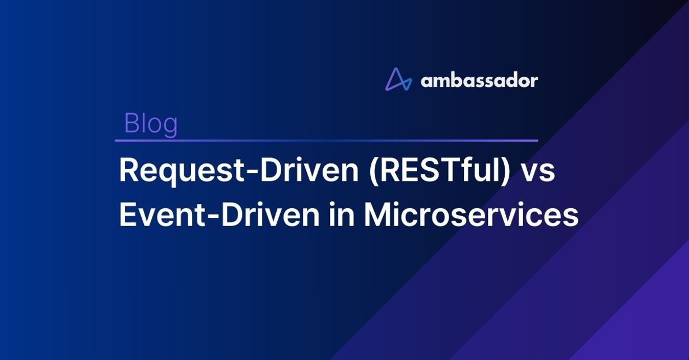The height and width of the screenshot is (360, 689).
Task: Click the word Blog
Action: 151,124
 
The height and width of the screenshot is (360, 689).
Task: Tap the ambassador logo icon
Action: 399,80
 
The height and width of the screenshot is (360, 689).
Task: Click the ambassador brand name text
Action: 479,81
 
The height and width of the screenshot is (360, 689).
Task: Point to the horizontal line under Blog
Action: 327,141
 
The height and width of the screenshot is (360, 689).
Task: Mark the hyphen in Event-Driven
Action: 211,217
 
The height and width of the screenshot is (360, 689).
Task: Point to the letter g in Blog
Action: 170,128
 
